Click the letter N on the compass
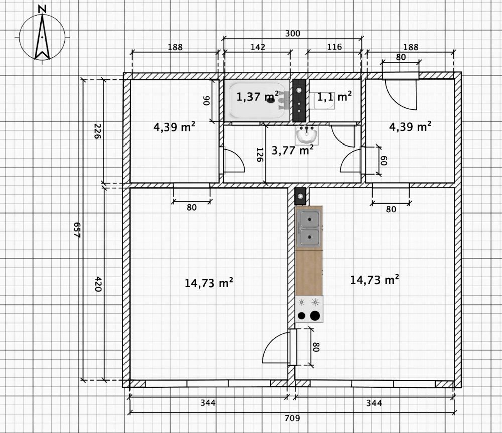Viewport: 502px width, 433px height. pos(42,9)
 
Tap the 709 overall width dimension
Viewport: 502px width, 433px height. pos(292,418)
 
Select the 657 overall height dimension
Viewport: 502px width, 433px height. pos(77,230)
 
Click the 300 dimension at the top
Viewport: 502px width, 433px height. pos(293,33)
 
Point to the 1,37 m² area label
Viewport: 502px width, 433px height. pos(258,96)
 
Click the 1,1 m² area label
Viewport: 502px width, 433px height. pos(334,96)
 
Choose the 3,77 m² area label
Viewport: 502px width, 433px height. pos(293,150)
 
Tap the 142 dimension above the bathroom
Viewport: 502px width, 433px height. pos(258,47)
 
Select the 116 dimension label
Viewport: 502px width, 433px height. pos(334,47)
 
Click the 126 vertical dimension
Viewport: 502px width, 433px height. pos(260,155)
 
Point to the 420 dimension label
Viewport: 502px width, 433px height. pos(98,284)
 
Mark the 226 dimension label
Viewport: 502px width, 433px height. pos(97,131)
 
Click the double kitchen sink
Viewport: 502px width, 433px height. pos(309,228)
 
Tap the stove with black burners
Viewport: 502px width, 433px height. pos(309,309)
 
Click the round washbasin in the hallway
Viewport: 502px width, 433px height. pos(307,135)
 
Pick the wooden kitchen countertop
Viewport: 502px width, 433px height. pos(309,272)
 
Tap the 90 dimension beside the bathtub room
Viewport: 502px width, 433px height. pos(207,101)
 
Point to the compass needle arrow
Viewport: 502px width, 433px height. pos(42,37)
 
